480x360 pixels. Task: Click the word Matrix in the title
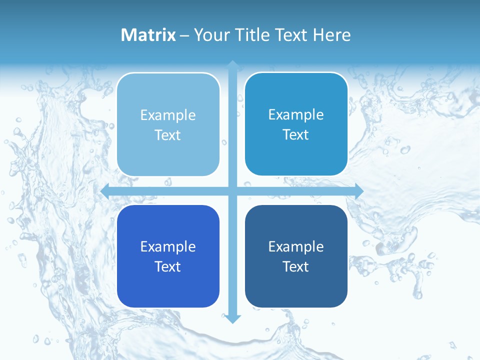(x=148, y=35)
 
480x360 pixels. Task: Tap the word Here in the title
(x=332, y=35)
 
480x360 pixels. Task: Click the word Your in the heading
(x=209, y=35)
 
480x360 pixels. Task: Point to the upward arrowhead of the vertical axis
(x=232, y=64)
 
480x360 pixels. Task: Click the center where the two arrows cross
(x=232, y=191)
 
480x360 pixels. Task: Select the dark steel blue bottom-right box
(x=296, y=287)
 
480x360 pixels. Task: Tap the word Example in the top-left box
(x=168, y=115)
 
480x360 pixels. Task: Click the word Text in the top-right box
(x=296, y=135)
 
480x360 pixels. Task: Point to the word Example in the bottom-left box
(x=168, y=246)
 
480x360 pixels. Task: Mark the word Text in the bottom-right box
(x=296, y=266)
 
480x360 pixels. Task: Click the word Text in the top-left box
(x=168, y=135)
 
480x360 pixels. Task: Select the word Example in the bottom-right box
(x=296, y=246)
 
